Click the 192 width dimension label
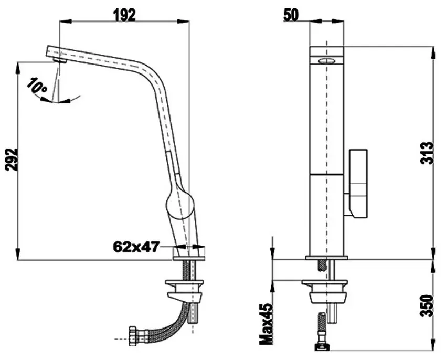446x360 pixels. pyautogui.click(x=124, y=14)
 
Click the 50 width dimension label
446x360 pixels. pyautogui.click(x=291, y=15)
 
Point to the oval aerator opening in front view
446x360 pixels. pyautogui.click(x=326, y=61)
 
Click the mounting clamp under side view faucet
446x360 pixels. pyautogui.click(x=185, y=288)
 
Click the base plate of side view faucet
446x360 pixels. pyautogui.click(x=189, y=254)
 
